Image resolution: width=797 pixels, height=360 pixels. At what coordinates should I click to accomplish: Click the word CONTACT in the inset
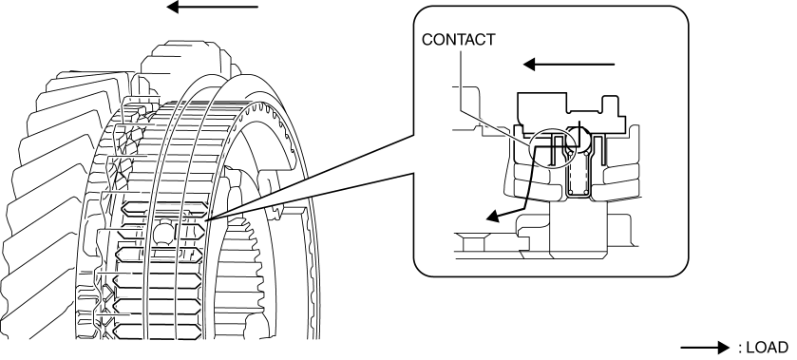[459, 40]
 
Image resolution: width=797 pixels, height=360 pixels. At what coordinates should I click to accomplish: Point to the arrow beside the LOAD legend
[705, 348]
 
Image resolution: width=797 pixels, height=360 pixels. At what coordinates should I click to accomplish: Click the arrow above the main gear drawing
[213, 7]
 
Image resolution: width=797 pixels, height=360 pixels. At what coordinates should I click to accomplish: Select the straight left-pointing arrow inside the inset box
[569, 65]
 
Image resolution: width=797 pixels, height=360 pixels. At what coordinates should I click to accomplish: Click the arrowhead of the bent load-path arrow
[494, 217]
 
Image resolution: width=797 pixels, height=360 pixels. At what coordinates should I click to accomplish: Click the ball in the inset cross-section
[579, 138]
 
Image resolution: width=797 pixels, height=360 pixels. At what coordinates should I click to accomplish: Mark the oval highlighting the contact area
[552, 148]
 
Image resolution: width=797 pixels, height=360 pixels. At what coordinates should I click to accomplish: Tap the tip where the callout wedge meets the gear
[207, 219]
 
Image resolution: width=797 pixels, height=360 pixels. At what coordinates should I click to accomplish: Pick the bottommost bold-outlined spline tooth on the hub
[157, 332]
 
